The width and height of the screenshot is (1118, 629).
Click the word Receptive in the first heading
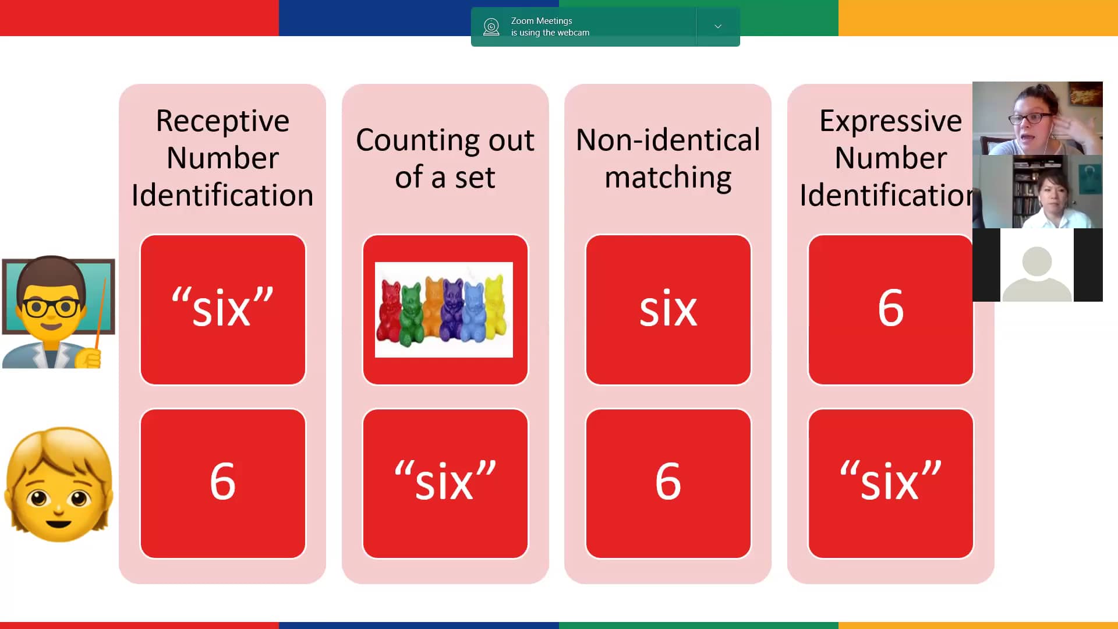pyautogui.click(x=222, y=122)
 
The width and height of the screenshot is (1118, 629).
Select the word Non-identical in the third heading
pyautogui.click(x=668, y=140)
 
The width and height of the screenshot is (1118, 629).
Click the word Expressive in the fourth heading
pyautogui.click(x=890, y=122)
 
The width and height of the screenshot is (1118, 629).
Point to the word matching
pyautogui.click(x=668, y=178)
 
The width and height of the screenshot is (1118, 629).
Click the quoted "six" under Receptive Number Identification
pyautogui.click(x=222, y=307)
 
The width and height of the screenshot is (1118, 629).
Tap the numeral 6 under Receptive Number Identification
pyautogui.click(x=222, y=481)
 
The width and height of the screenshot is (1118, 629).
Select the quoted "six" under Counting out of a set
pyautogui.click(x=445, y=481)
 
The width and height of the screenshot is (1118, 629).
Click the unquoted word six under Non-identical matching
pyautogui.click(x=668, y=308)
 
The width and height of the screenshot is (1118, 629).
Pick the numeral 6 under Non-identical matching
pyautogui.click(x=668, y=481)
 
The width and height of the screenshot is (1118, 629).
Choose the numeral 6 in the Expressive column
pyautogui.click(x=890, y=307)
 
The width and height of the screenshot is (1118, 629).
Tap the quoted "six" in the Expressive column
pyautogui.click(x=890, y=481)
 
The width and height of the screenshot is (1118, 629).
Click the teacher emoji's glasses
pyautogui.click(x=52, y=306)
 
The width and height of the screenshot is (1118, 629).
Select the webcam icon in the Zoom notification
pyautogui.click(x=491, y=27)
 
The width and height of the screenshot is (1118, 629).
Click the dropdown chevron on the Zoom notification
pyautogui.click(x=718, y=26)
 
